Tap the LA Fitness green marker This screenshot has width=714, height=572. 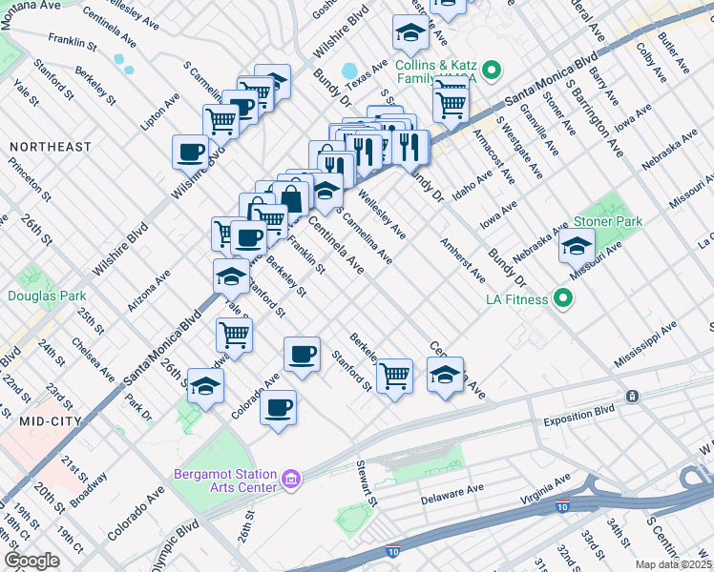[x=563, y=299]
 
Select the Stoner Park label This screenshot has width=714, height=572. [x=607, y=221]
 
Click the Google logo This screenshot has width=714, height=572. [x=31, y=561]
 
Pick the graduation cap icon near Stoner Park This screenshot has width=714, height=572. [x=577, y=247]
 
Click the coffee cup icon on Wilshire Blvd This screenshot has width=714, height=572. [x=190, y=151]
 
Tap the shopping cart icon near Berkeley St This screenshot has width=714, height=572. [x=394, y=375]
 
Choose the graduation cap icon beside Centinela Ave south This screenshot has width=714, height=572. [x=445, y=374]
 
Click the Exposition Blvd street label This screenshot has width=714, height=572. [x=581, y=419]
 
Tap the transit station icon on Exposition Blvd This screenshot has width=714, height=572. [x=631, y=396]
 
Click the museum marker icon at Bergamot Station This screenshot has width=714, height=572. [x=293, y=477]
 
